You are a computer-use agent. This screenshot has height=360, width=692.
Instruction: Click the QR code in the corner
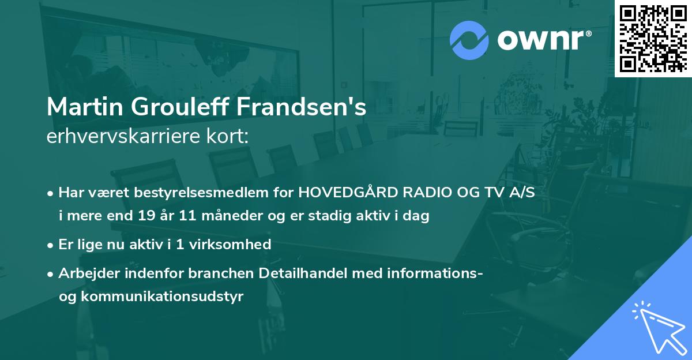(x=653, y=38)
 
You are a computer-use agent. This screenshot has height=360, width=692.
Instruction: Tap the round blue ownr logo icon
(x=469, y=40)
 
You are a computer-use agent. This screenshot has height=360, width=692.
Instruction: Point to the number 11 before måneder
(x=172, y=216)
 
